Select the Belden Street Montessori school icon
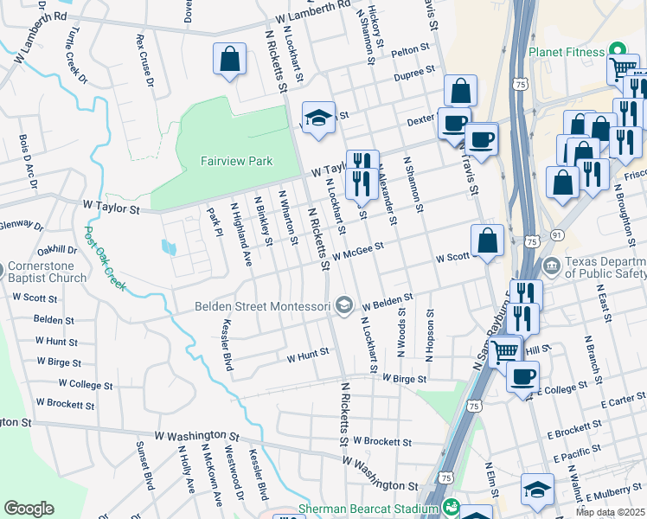(x=344, y=304)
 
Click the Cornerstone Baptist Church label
(x=49, y=272)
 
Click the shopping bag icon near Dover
(x=229, y=60)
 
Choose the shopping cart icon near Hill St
(x=505, y=350)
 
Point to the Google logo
(x=29, y=508)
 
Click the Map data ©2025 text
(x=610, y=512)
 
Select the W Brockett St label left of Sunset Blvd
(x=65, y=404)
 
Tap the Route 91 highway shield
(x=557, y=234)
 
